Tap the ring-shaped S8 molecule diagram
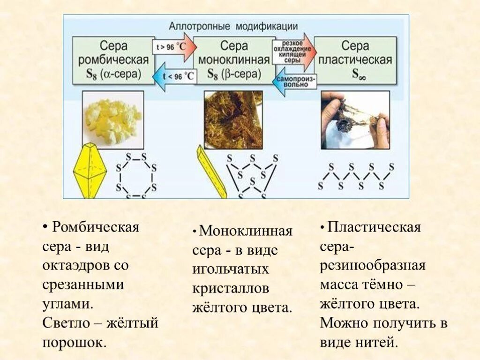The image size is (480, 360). click(x=136, y=173)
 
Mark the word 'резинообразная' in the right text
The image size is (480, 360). click(x=373, y=265)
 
